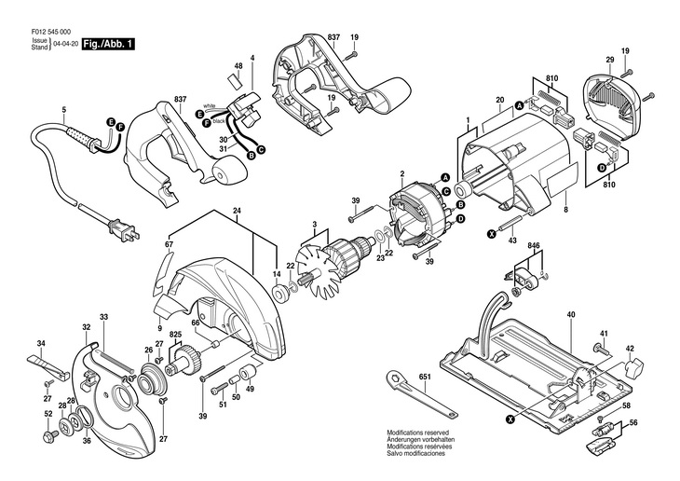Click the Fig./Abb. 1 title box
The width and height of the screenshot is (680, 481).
(x=106, y=44)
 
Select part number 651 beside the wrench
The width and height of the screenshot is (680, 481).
(x=425, y=378)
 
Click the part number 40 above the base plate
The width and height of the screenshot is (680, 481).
(x=570, y=316)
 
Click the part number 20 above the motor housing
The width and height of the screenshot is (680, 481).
(x=499, y=99)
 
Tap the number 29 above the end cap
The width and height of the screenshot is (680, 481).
(x=609, y=61)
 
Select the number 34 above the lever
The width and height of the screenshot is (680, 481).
(x=41, y=345)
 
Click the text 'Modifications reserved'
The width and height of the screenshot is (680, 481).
(x=417, y=433)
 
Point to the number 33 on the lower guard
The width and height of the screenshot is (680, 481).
(x=104, y=319)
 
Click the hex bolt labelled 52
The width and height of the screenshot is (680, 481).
(x=47, y=434)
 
